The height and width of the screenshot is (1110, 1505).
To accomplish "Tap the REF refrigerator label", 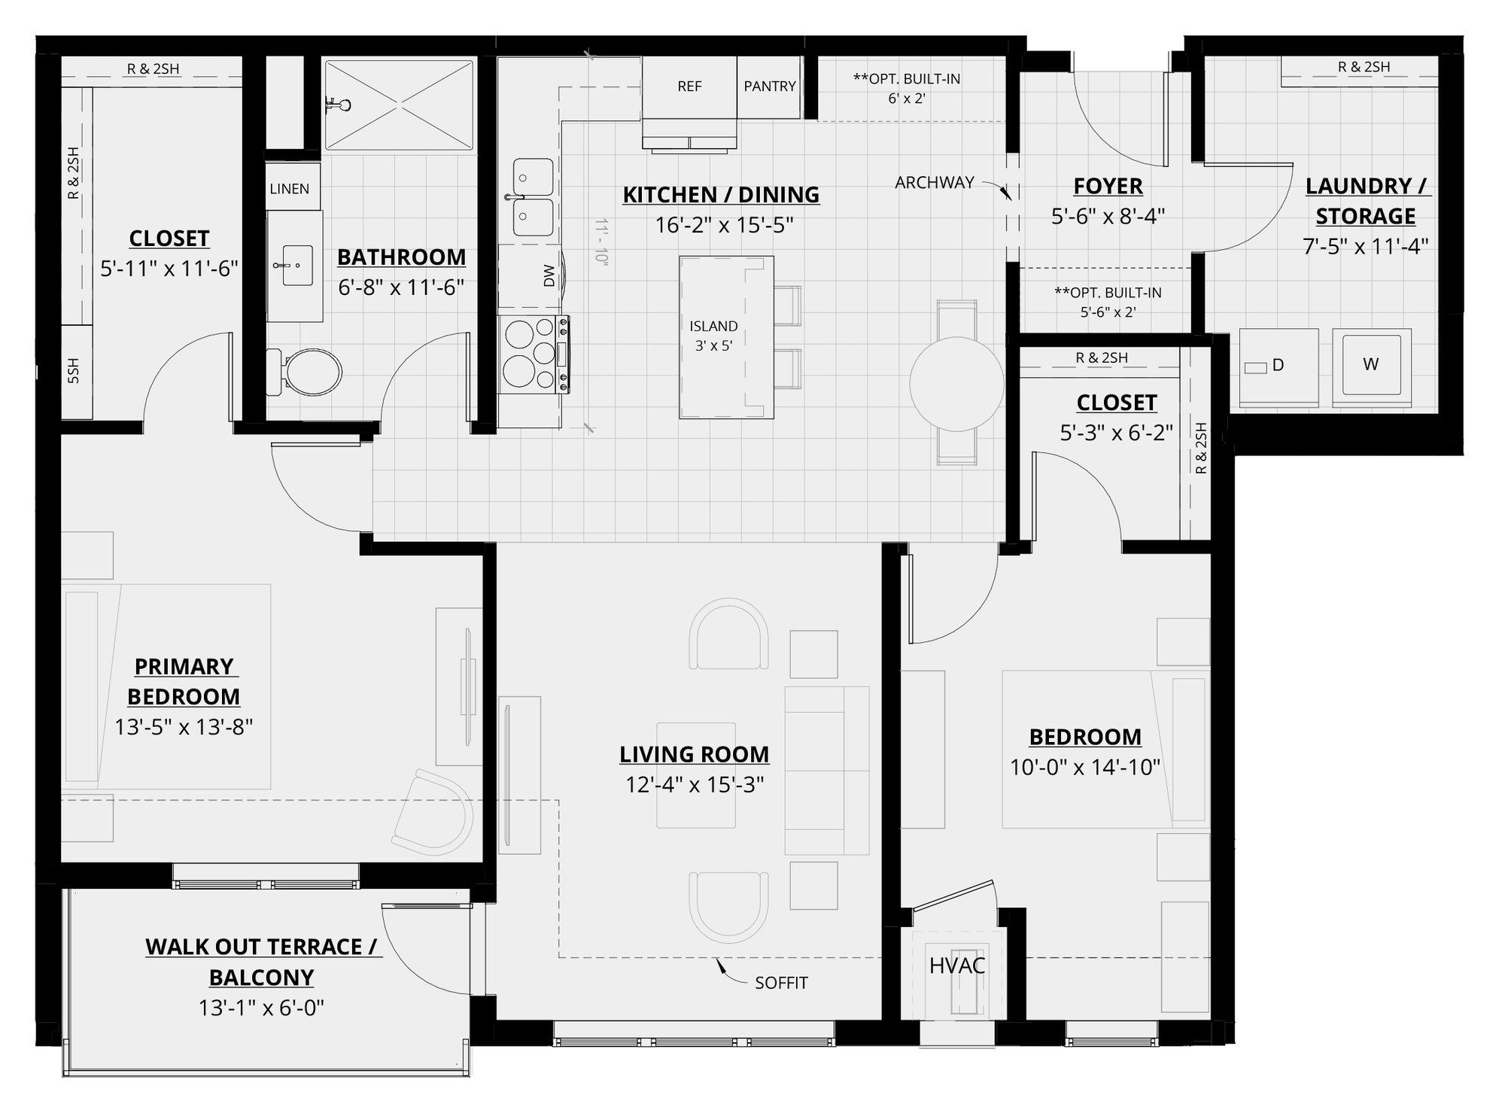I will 689,87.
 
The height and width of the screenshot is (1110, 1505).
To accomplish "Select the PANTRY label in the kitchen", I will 769,87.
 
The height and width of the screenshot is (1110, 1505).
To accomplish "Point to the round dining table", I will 956,384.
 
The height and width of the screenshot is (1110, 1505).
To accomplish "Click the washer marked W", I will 1370,365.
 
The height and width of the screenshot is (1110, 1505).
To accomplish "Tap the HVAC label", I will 956,966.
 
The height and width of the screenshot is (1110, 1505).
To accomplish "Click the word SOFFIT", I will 781,983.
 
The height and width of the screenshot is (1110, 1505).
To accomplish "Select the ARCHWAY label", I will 934,183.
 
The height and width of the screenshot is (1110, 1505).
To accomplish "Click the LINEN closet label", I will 290,189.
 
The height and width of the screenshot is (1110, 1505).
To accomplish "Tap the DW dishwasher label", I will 549,276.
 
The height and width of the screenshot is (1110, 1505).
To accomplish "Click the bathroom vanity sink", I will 297,265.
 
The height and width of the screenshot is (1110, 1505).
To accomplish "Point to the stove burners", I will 527,354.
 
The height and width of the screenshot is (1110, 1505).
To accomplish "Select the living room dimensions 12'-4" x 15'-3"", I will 695,785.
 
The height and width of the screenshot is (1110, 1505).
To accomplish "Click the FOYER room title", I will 1108,186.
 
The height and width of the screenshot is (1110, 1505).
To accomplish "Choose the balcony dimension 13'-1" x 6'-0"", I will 261,1008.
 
